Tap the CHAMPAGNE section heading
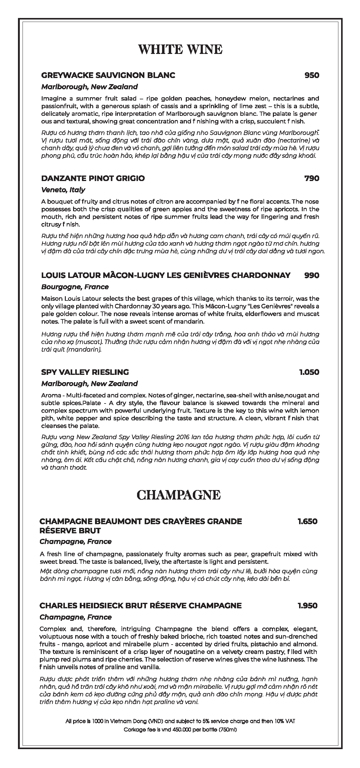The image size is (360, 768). (x=178, y=495)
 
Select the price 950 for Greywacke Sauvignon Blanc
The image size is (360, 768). (x=312, y=75)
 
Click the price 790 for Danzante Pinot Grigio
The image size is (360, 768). (x=312, y=178)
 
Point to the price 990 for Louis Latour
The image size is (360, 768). (x=312, y=275)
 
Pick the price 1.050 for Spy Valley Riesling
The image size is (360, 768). (x=309, y=372)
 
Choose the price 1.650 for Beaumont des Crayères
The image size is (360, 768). (x=307, y=521)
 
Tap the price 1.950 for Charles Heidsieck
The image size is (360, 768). (x=307, y=606)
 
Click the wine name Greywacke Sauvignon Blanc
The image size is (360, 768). (x=108, y=75)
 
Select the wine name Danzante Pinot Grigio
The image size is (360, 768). (x=93, y=178)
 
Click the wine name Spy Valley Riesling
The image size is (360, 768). (x=85, y=372)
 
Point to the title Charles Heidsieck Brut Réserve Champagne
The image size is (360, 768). (x=140, y=606)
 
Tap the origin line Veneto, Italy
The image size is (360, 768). (x=63, y=190)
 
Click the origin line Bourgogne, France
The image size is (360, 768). (x=75, y=287)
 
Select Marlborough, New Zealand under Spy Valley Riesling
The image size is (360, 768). (x=90, y=384)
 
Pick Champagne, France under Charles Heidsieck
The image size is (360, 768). (x=76, y=617)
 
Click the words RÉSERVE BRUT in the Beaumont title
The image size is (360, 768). (x=70, y=531)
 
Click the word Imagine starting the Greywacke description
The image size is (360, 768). (x=51, y=98)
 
